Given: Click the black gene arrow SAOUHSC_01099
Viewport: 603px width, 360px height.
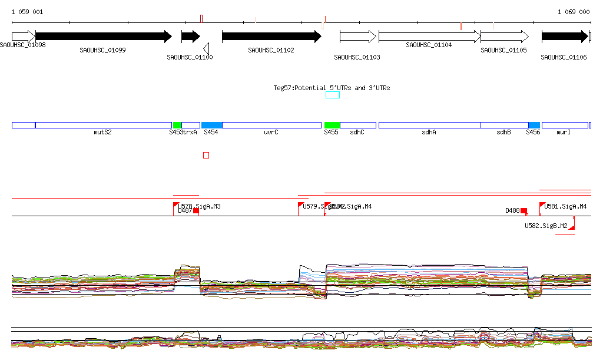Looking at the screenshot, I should (x=103, y=37).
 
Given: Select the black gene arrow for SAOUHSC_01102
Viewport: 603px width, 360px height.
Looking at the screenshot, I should (x=271, y=37).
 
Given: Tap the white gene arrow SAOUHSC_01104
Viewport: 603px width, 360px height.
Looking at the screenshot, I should (x=429, y=37).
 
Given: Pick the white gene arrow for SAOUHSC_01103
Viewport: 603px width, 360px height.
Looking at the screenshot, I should (x=357, y=37).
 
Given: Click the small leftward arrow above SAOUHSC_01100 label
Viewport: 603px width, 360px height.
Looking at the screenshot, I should (x=206, y=48).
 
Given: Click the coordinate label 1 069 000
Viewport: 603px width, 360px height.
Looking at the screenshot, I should (x=573, y=12).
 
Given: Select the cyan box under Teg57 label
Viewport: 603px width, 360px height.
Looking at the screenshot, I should (x=333, y=95).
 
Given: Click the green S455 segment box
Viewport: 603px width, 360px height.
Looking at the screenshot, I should (x=332, y=125).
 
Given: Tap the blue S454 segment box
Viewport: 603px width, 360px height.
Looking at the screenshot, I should (x=211, y=125).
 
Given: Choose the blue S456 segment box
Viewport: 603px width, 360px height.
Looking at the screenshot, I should (x=534, y=125).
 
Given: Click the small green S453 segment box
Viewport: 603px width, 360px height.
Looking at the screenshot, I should (x=177, y=125).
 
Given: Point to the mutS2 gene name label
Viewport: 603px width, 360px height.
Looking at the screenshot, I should (x=102, y=133).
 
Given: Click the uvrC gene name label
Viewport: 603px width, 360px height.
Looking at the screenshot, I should (x=271, y=133).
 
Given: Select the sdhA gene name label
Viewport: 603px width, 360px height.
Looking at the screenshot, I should (x=429, y=133).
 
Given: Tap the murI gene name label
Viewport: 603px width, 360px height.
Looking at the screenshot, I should (x=564, y=133).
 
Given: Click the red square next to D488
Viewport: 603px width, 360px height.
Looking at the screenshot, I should (x=524, y=210).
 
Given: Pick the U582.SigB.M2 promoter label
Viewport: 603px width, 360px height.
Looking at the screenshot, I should (x=546, y=226).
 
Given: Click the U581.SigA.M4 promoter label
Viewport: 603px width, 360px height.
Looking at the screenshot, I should (x=565, y=206).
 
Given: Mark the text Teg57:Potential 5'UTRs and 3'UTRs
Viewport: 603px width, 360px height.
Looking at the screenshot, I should (x=332, y=88).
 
